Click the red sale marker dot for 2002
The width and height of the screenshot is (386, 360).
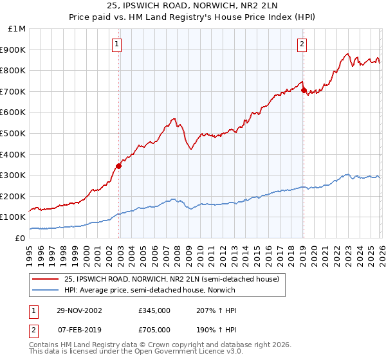point(118,166)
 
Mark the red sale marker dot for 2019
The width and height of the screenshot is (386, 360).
point(303,90)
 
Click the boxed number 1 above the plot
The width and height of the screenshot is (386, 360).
point(116,44)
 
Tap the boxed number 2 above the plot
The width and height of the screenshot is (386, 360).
point(301,44)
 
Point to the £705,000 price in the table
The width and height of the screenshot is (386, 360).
point(154,330)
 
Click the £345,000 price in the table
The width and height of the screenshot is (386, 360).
point(154,310)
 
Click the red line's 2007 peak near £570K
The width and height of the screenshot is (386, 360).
point(174,118)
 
